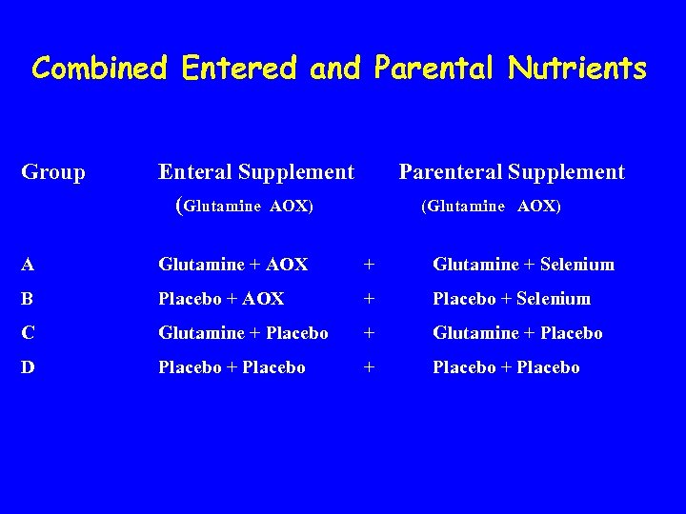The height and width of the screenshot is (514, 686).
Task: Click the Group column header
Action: pyautogui.click(x=53, y=172)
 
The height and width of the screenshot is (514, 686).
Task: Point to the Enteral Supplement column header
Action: pyautogui.click(x=255, y=172)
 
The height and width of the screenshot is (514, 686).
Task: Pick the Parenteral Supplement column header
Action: pyautogui.click(x=512, y=172)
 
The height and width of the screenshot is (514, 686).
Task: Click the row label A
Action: pyautogui.click(x=29, y=265)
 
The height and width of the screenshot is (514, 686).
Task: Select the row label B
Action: pyautogui.click(x=29, y=299)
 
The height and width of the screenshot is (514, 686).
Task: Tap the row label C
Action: pyautogui.click(x=29, y=333)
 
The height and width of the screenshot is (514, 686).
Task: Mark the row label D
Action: pyautogui.click(x=29, y=367)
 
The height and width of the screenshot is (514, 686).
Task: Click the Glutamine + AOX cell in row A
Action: pyautogui.click(x=232, y=265)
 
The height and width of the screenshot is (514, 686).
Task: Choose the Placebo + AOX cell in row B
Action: pyautogui.click(x=221, y=299)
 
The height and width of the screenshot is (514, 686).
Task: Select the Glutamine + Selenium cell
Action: pyautogui.click(x=523, y=265)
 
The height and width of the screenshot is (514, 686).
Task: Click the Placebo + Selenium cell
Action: pyautogui.click(x=512, y=299)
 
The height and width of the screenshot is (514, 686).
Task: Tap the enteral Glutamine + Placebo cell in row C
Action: pyautogui.click(x=243, y=333)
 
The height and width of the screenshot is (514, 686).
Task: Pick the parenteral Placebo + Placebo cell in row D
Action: pyautogui.click(x=506, y=367)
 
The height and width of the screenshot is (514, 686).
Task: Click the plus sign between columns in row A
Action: pyautogui.click(x=369, y=265)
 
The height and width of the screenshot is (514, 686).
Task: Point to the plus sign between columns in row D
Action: pyautogui.click(x=369, y=367)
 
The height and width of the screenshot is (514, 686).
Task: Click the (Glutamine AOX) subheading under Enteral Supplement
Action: pyautogui.click(x=245, y=205)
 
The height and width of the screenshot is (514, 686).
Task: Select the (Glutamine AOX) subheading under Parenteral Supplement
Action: pyautogui.click(x=491, y=206)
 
